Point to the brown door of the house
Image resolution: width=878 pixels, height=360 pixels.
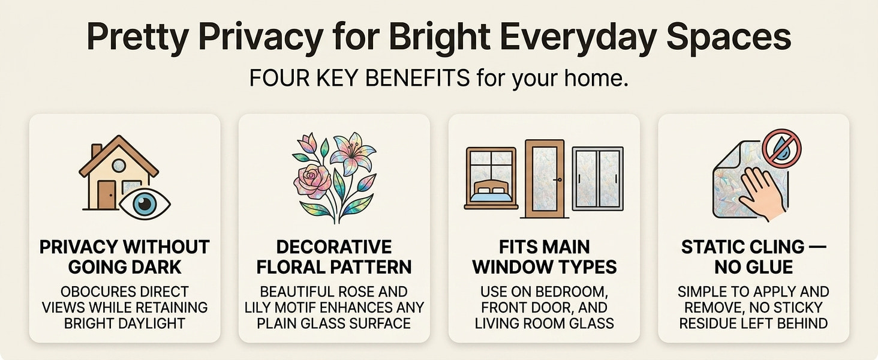(x=107, y=194)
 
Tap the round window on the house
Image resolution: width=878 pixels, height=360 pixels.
(x=119, y=166)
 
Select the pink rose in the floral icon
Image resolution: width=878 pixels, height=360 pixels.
(x=312, y=181)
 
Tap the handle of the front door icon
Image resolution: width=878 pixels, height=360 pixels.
(x=558, y=180)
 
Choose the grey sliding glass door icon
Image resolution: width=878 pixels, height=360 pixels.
(x=598, y=178)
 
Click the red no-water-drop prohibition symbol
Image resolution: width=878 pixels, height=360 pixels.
(x=781, y=149)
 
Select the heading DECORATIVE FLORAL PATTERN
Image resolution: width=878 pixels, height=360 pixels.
(x=334, y=257)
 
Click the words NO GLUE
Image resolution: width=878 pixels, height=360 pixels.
(x=754, y=267)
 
